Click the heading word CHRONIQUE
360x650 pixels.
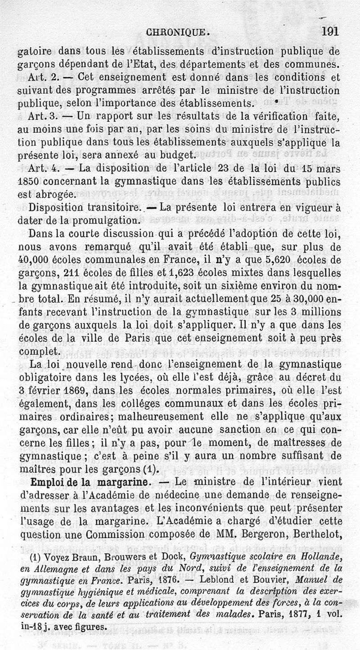(x=175, y=32)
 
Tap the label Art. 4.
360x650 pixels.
(x=43, y=169)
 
